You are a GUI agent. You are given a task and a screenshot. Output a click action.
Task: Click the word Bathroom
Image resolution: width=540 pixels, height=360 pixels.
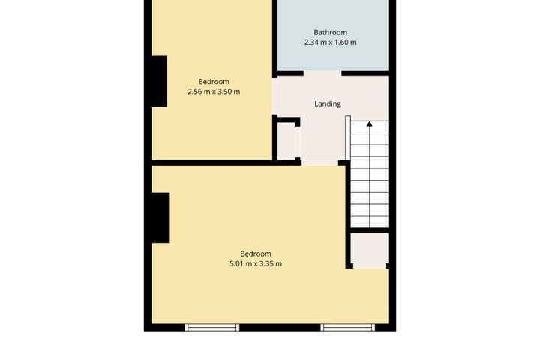pos(330,32)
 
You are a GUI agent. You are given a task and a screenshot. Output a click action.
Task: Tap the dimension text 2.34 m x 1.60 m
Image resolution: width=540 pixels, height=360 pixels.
pos(330,43)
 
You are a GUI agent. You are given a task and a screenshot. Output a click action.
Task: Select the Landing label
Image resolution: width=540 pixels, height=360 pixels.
pos(327,103)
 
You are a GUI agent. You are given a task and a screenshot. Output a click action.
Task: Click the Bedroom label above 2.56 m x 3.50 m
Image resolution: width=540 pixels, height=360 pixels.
pos(214,81)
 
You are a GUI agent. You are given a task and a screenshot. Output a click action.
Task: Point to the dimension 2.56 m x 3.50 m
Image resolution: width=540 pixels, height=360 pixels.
pos(214,91)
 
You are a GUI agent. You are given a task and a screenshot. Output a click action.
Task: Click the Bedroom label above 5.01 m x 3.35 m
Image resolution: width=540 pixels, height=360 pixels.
pos(256,253)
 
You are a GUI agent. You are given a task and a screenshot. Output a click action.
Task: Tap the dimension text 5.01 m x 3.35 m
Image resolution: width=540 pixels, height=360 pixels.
pos(256,264)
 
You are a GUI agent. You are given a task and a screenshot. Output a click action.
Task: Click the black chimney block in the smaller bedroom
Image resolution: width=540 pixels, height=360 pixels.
pos(158,82)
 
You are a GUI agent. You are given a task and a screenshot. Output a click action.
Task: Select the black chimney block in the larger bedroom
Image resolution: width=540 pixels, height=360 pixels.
pos(159,217)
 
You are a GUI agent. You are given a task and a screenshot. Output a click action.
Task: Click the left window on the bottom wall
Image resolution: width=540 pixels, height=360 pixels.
pos(212,327)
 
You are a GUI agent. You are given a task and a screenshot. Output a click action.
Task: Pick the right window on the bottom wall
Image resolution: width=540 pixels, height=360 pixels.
pos(349,327)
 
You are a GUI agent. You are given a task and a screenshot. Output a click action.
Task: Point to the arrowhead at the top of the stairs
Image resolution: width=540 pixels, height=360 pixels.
pos(369,123)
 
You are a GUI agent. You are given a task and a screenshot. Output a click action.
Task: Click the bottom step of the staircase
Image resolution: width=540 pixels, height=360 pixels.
pos(369,218)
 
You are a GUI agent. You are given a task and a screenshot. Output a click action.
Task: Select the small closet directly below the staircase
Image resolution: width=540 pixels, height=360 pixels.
pos(369,250)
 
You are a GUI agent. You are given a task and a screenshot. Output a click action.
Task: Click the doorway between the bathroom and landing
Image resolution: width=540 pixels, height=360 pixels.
pos(323,72)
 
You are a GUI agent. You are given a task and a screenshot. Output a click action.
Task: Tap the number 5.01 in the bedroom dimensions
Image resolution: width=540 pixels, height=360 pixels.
pos(237,264)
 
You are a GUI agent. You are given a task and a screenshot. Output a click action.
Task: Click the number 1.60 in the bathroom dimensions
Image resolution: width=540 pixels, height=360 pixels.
pos(343,43)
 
